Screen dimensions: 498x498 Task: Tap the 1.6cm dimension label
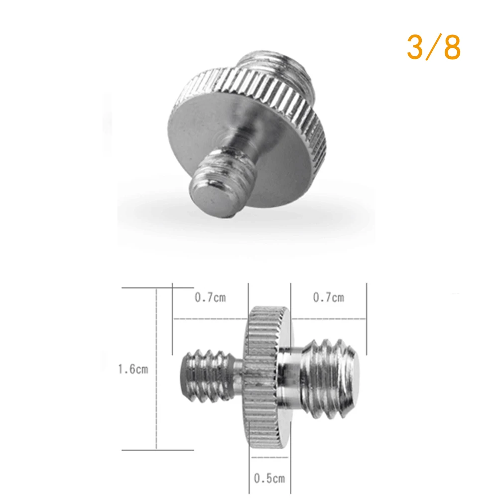click(x=133, y=369)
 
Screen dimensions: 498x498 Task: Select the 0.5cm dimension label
click(x=269, y=478)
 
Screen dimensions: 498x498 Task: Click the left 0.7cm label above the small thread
click(x=210, y=297)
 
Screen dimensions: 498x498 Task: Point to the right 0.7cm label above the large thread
click(x=328, y=297)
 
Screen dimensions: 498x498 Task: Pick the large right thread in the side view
click(x=330, y=378)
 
